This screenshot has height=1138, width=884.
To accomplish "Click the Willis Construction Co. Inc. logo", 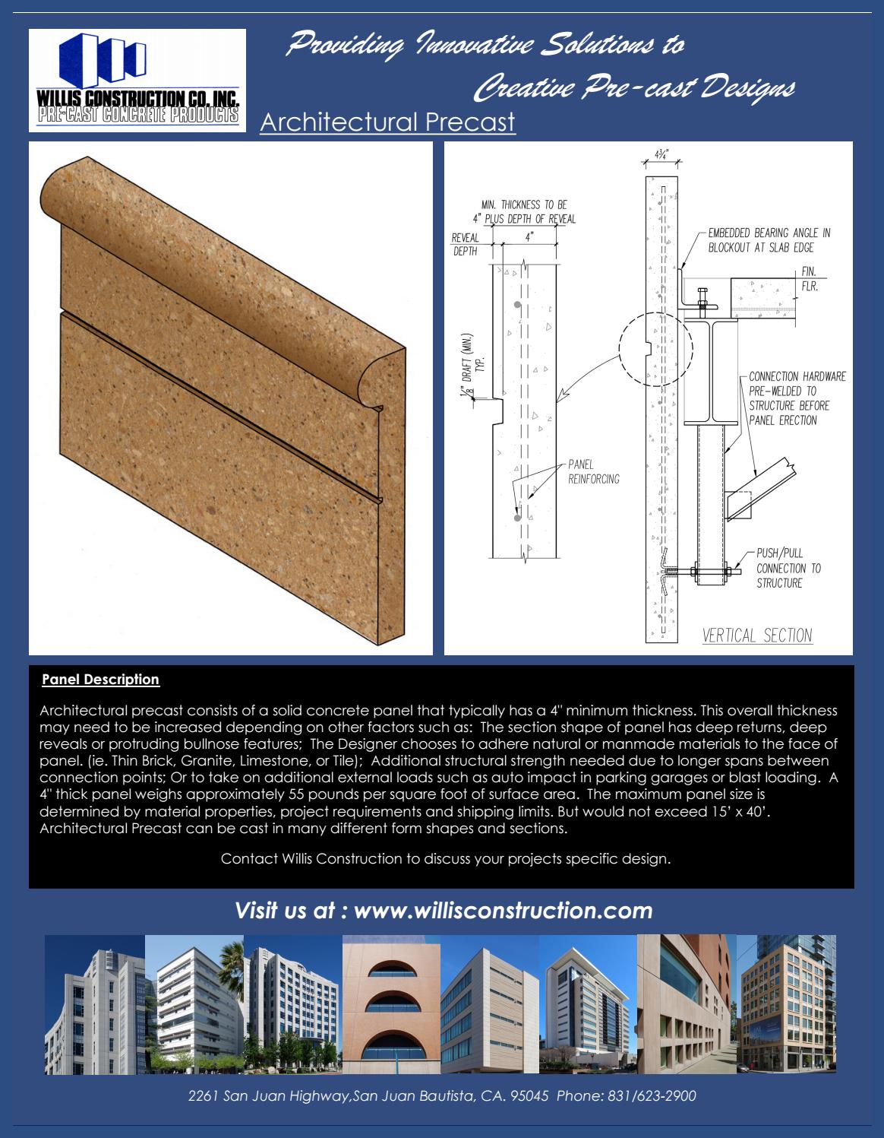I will coord(137,81).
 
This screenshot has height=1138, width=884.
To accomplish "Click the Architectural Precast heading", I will coord(387,122).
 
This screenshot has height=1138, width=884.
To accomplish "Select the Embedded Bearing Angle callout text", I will coord(769,240).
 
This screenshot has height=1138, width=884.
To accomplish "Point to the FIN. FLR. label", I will coord(809,280).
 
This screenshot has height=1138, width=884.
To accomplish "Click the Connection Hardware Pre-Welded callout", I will coord(796,398).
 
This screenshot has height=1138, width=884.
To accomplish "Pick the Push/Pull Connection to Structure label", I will coord(788,568).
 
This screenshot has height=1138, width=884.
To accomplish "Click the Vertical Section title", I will coord(756,636).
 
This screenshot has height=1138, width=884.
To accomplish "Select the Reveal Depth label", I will coord(465,245).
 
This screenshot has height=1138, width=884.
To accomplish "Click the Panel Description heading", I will coord(100,680).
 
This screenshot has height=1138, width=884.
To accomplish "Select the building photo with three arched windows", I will coord(391,1004).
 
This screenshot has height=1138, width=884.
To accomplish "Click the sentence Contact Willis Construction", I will coord(445,859).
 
